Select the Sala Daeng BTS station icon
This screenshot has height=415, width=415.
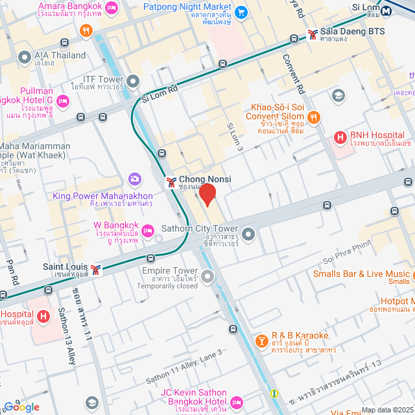coord(313,32)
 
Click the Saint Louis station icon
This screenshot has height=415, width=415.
coord(96,270)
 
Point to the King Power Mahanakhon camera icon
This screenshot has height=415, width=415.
coord(135,178)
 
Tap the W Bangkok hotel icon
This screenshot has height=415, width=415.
coord(148,230)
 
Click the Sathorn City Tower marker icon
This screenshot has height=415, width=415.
coord(248,232)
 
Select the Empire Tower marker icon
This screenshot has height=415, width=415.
coord(207,278)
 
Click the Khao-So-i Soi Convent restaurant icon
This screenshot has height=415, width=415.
coord(314,117)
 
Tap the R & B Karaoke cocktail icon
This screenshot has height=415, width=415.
coord(261,340)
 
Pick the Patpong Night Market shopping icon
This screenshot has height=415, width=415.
coord(241,12)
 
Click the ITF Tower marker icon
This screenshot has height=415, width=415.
coord(134,82)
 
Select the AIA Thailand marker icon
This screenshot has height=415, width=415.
coord(25,57)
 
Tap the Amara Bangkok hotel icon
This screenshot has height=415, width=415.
coord(111,8)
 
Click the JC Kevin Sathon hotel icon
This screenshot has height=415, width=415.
coord(235,402)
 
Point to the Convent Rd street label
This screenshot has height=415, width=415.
coord(292,71)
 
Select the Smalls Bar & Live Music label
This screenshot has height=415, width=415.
coord(361,274)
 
